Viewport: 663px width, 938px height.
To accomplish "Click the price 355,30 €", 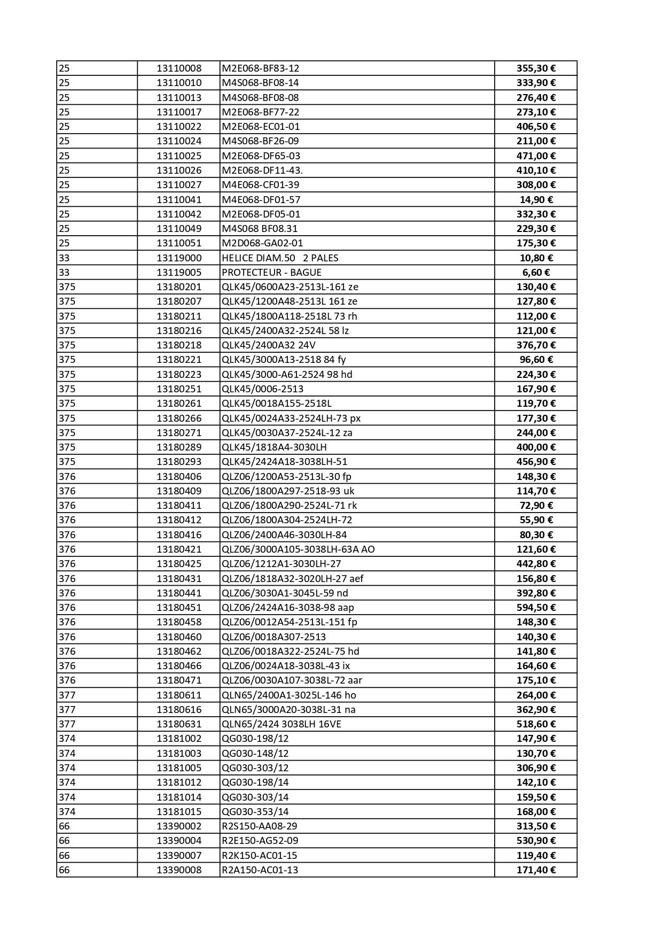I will coord(536,68).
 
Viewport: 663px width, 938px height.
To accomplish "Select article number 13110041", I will coord(179,199).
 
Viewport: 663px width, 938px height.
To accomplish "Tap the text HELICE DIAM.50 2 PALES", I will coord(280,258).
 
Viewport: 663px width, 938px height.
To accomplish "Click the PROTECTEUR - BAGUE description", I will coord(271,272).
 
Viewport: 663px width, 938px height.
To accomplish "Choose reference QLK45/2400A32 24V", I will coord(268,345).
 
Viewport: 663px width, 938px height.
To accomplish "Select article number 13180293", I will coord(179,461).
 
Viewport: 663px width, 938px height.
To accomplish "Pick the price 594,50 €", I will coord(536,607).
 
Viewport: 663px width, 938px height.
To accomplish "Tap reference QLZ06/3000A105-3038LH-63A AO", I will coord(298,549).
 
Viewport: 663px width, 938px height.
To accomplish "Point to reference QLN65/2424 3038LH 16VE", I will coord(281,724).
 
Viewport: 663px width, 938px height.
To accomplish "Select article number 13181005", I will coord(179,768).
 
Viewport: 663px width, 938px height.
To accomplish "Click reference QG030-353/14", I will coord(255,811).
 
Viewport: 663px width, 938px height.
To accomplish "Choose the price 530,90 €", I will coord(536,840).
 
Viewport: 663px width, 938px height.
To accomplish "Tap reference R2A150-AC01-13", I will coord(260,870).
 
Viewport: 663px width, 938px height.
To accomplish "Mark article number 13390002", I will coord(179,826).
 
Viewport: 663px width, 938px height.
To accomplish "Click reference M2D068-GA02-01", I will coord(262,243).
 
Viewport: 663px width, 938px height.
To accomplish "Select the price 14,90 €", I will coord(536,199).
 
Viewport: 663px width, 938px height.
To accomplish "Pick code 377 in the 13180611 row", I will coord(67,695).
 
